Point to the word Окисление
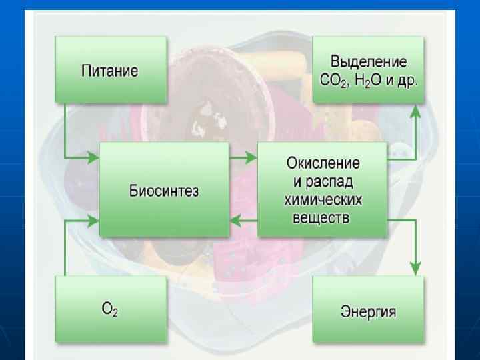tap(323, 162)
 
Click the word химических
tap(323, 199)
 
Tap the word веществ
tap(323, 217)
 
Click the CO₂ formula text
tap(335, 81)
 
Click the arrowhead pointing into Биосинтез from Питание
tap(94, 158)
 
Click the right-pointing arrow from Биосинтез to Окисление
tap(244, 158)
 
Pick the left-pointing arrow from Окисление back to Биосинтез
tap(244, 221)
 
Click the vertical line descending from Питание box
tap(65, 130)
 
